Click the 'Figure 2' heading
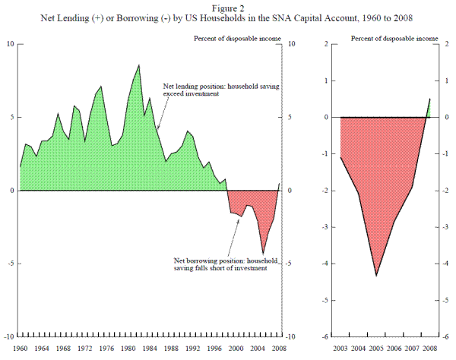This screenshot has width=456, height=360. click(x=227, y=5)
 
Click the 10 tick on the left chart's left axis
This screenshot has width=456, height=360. click(x=11, y=44)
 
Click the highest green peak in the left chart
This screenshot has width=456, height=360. click(x=138, y=65)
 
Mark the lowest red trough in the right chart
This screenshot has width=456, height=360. click(x=376, y=275)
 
